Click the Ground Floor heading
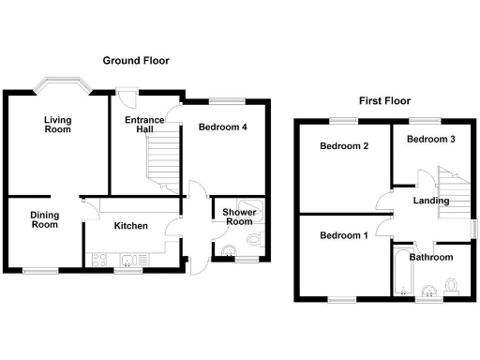tap(136, 60)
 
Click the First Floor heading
tap(384, 100)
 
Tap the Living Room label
tap(58, 125)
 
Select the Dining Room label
tap(44, 219)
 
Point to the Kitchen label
tap(132, 226)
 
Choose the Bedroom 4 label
tap(222, 127)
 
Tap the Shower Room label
tap(239, 217)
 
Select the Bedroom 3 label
tap(430, 140)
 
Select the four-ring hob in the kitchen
tap(102, 260)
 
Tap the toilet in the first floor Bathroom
tap(451, 284)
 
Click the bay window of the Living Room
tap(62, 87)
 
